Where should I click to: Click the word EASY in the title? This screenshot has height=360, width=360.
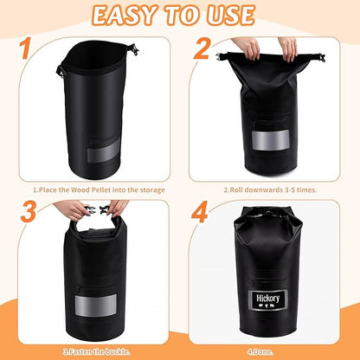pyautogui.click(x=125, y=16)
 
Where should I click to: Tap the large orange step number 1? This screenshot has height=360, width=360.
pyautogui.click(x=26, y=47)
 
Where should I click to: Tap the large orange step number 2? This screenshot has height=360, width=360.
pyautogui.click(x=202, y=48)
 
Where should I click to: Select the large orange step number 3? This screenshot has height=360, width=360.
pyautogui.click(x=29, y=211)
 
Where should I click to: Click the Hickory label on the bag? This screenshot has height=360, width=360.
pyautogui.click(x=268, y=300)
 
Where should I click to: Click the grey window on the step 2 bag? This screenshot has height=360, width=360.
pyautogui.click(x=270, y=140)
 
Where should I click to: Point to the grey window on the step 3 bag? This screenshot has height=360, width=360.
pyautogui.click(x=96, y=305)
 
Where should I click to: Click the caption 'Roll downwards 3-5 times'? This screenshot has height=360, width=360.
pyautogui.click(x=270, y=190)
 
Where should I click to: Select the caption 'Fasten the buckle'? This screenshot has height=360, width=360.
pyautogui.click(x=97, y=351)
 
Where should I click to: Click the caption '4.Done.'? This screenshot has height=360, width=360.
pyautogui.click(x=260, y=352)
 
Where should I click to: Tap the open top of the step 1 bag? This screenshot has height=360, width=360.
pyautogui.click(x=94, y=56)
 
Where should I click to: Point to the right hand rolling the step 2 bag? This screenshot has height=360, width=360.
pyautogui.click(x=288, y=48)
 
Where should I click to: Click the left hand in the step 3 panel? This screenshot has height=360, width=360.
pyautogui.click(x=72, y=209)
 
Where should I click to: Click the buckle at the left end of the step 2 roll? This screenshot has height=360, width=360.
pyautogui.click(x=221, y=56)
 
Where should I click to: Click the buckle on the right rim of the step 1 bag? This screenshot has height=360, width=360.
pyautogui.click(x=133, y=49)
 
